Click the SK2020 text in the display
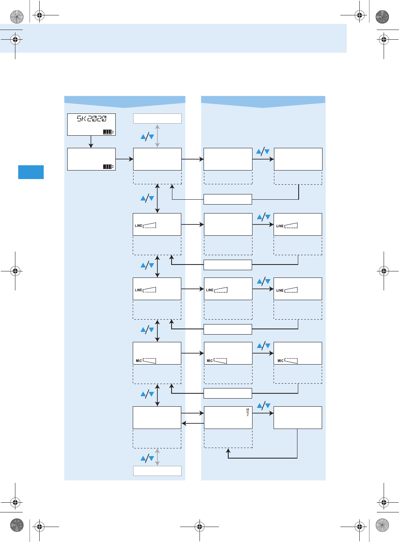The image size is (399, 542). pyautogui.click(x=92, y=119)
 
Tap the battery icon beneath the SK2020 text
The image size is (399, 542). pyautogui.click(x=108, y=132)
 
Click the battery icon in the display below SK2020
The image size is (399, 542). pyautogui.click(x=108, y=166)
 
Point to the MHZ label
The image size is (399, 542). pyautogui.click(x=248, y=412)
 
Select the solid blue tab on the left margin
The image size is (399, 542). pyautogui.click(x=31, y=172)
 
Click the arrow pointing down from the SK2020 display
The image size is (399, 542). pyautogui.click(x=91, y=142)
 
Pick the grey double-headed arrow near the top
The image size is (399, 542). pyautogui.click(x=157, y=136)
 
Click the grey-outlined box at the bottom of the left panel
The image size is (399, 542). pyautogui.click(x=157, y=471)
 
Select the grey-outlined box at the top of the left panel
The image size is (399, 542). pyautogui.click(x=157, y=118)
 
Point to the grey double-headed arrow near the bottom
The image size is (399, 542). pyautogui.click(x=157, y=457)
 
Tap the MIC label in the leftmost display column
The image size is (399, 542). pyautogui.click(x=139, y=361)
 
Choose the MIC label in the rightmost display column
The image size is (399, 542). pyautogui.click(x=280, y=361)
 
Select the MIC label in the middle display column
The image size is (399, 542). pyautogui.click(x=210, y=361)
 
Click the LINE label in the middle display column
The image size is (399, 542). pyautogui.click(x=210, y=290)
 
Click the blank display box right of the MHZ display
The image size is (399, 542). pyautogui.click(x=297, y=418)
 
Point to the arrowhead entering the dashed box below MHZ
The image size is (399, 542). pyautogui.click(x=228, y=450)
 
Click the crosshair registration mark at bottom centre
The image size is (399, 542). pyautogui.click(x=199, y=527)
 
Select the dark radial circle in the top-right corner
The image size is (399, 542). pyautogui.click(x=382, y=17)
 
